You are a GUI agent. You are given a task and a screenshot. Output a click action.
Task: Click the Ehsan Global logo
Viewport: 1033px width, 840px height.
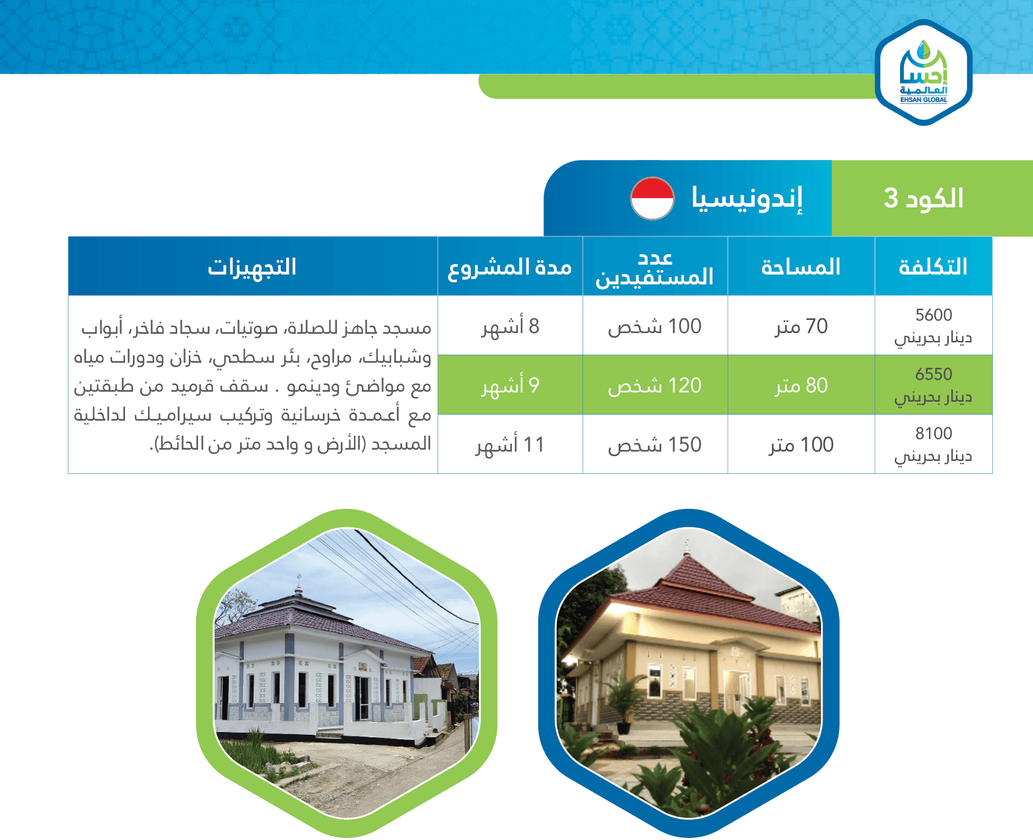coord(923,72)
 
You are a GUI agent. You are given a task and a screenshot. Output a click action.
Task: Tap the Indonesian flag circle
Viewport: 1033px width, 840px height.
coord(652,198)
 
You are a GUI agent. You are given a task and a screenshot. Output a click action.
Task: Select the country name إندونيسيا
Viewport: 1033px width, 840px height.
coord(747,198)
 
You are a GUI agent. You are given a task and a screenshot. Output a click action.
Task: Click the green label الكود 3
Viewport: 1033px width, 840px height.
coord(923,198)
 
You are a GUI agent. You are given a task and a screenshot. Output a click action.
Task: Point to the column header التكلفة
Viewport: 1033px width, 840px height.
coord(933,267)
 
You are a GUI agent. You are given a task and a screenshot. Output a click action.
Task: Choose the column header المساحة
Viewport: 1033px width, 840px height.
coord(801,267)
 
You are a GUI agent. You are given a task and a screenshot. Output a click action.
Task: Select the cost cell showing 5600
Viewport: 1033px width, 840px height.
coord(934,325)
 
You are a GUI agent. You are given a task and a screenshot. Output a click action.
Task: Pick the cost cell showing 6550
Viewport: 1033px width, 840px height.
coord(934,385)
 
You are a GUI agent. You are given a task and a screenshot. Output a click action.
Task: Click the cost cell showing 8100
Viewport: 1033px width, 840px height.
coord(934,444)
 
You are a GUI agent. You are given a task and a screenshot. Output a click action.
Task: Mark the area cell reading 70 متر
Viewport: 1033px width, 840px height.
coord(801,326)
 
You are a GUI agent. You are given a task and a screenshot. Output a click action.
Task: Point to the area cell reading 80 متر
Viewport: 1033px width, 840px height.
coord(801,385)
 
